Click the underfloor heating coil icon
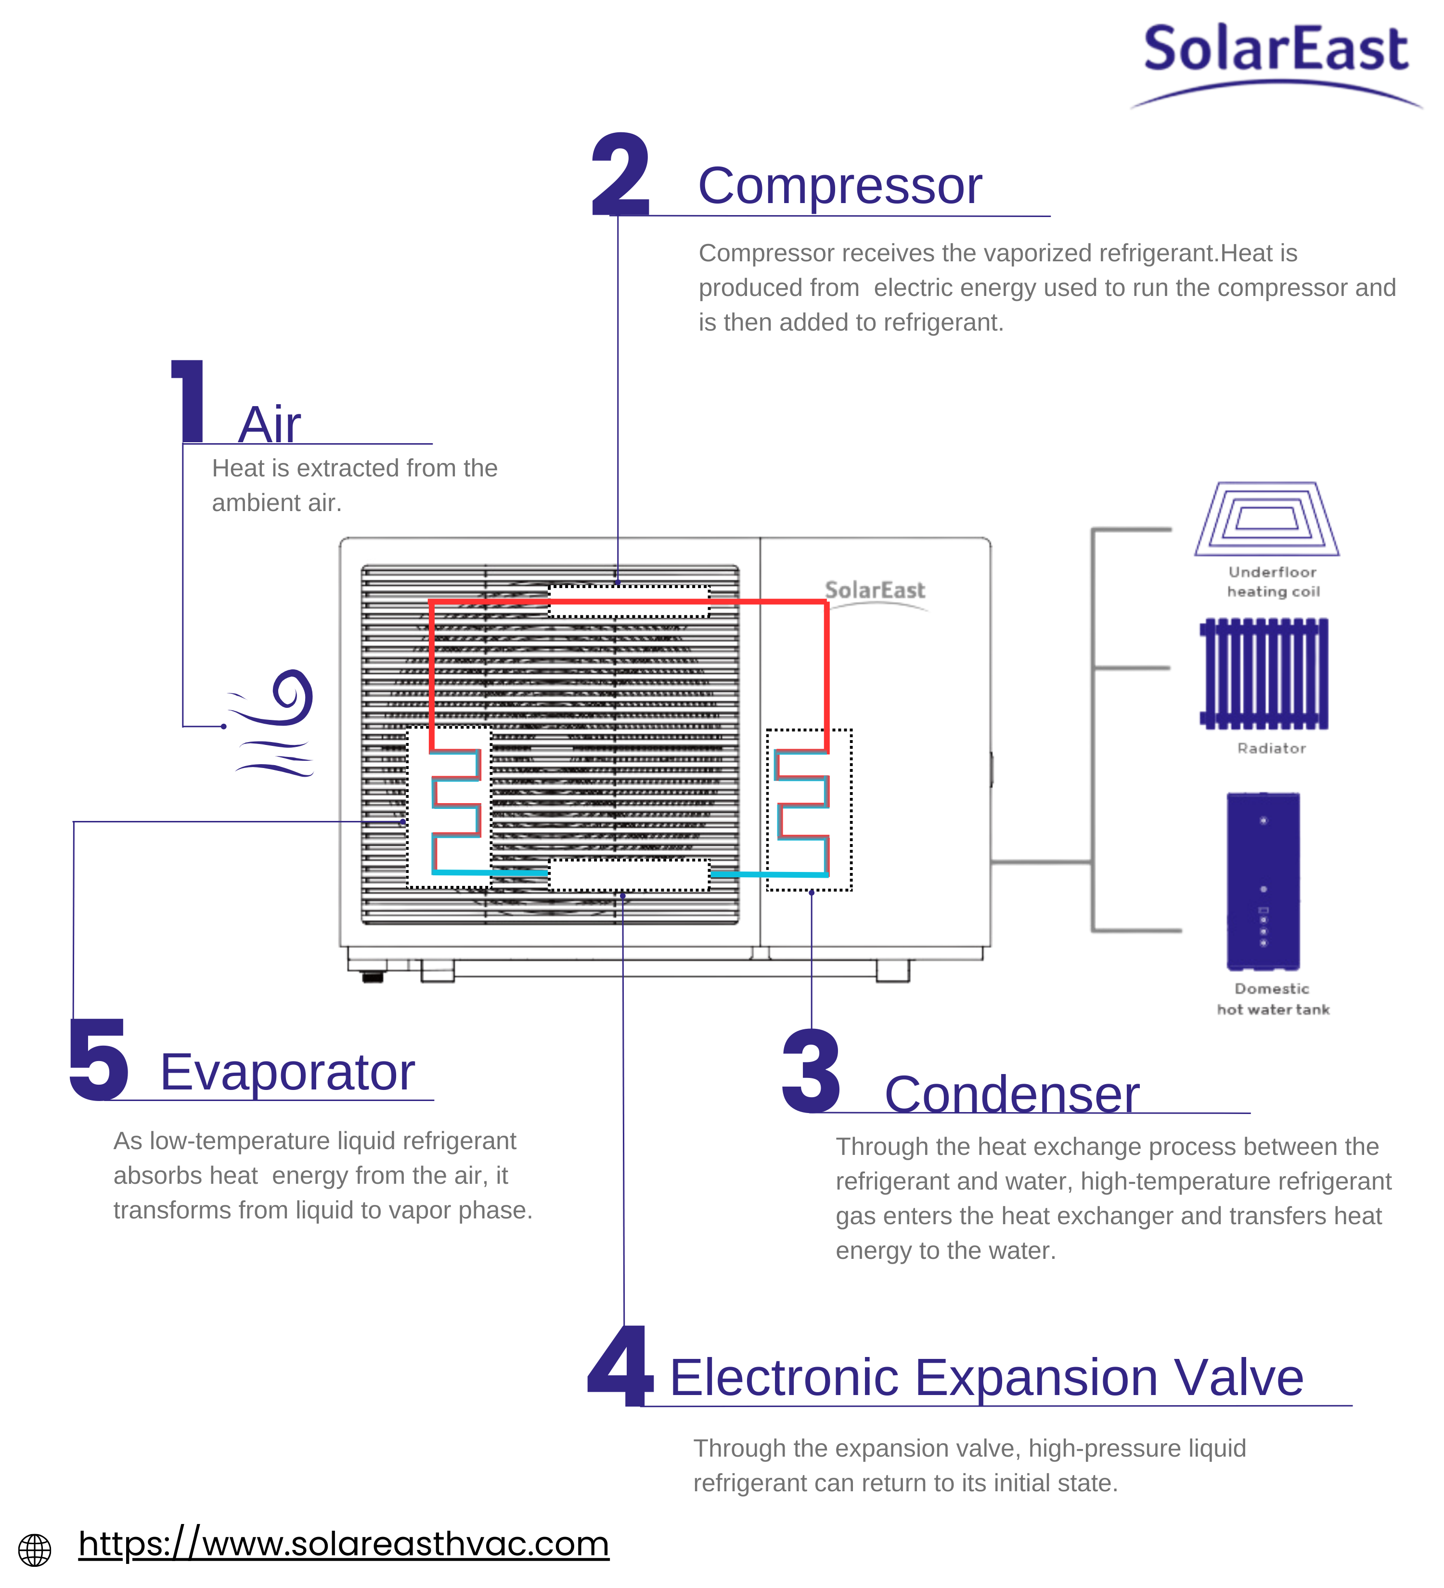pyautogui.click(x=1266, y=520)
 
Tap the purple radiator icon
pyautogui.click(x=1263, y=674)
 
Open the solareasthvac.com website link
pyautogui.click(x=344, y=1544)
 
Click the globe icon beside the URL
pyautogui.click(x=35, y=1550)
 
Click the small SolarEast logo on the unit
pyautogui.click(x=875, y=591)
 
